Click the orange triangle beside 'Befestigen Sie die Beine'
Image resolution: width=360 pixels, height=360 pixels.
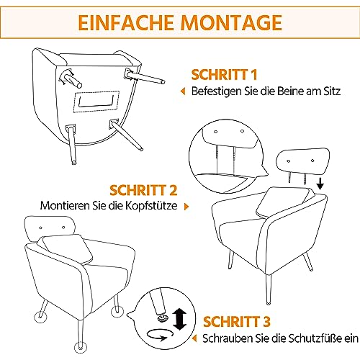pyautogui.click(x=182, y=91)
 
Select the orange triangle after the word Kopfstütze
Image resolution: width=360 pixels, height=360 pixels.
pyautogui.click(x=188, y=206)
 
